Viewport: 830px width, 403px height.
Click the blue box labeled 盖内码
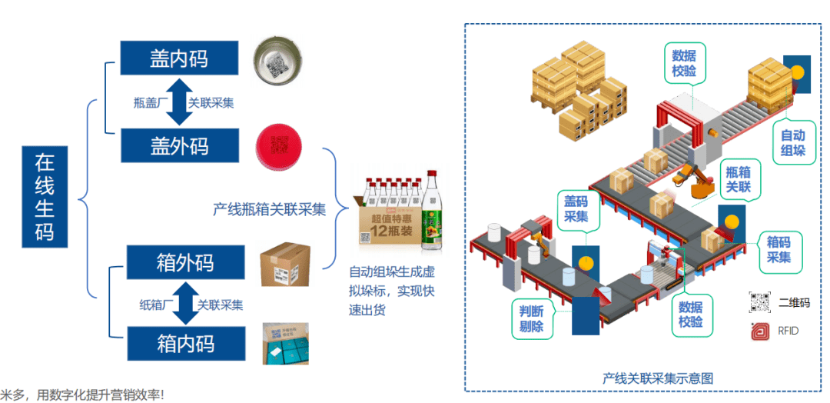178,58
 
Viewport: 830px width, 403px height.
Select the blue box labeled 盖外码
178,145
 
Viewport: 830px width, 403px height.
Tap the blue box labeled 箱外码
184,264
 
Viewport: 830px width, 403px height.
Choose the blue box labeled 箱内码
184,343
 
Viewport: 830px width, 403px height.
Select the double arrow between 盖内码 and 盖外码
178,102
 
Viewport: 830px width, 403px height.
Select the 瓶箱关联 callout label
739,178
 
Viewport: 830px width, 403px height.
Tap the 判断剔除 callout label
536,318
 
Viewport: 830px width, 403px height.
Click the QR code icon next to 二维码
760,302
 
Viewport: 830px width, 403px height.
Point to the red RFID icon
760,331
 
